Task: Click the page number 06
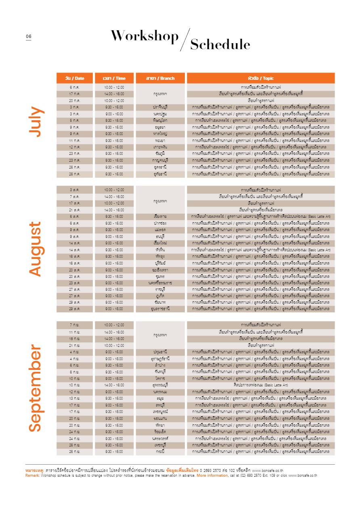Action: coord(29,37)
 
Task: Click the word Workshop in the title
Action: coord(144,36)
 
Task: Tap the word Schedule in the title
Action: coord(220,44)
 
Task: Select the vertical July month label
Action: coord(36,122)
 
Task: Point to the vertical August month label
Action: coord(36,249)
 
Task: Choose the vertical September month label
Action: coord(36,388)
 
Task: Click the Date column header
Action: coord(75,78)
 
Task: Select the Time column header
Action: coord(114,78)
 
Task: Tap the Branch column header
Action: coord(160,78)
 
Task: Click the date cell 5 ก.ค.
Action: coord(75,121)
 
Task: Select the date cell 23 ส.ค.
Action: coord(75,283)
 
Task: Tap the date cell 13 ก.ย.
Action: coord(75,398)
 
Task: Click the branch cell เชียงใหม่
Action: coord(160,243)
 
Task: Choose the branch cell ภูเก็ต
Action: coord(160,296)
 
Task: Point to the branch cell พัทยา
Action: coord(160,425)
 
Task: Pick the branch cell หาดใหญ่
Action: coord(160,134)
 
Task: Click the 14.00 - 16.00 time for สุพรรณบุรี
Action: coord(114,385)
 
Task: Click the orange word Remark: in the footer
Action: coord(32,476)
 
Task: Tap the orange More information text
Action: coord(212,476)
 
